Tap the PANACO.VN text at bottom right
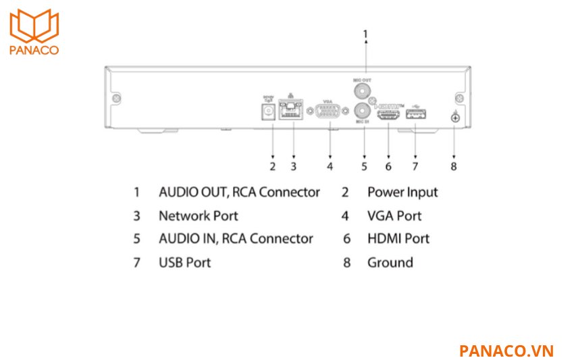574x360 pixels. tap(506, 351)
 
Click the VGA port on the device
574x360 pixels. tap(329, 113)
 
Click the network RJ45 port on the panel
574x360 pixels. tap(292, 111)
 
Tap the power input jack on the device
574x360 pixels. tap(272, 111)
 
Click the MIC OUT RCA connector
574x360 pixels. tap(364, 90)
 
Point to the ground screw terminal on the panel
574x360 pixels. tap(454, 118)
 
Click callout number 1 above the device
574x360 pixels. tap(365, 32)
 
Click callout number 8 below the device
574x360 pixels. tap(454, 165)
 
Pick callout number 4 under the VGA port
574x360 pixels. tap(330, 165)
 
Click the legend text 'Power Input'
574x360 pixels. tap(402, 192)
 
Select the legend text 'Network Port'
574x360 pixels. tap(198, 216)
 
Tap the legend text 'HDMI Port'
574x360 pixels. tap(398, 238)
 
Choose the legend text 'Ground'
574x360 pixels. tap(390, 262)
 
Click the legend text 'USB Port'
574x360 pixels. tap(184, 262)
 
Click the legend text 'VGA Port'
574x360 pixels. tap(394, 216)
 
